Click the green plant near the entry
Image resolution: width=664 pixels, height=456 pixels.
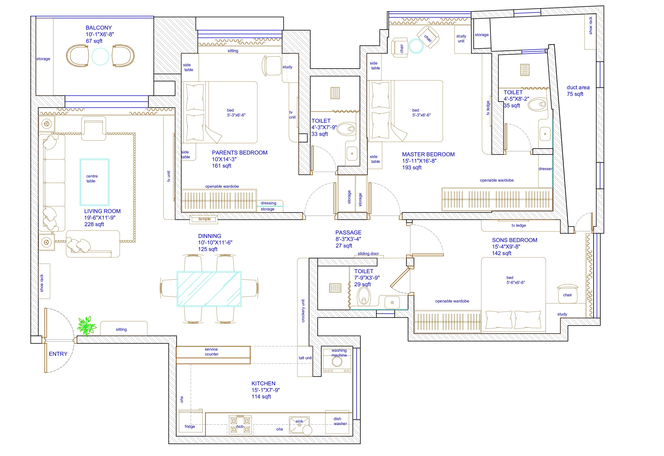[87, 326]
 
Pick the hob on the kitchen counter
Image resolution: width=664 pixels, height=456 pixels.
[240, 425]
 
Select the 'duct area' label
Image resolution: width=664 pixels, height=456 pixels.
[578, 87]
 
